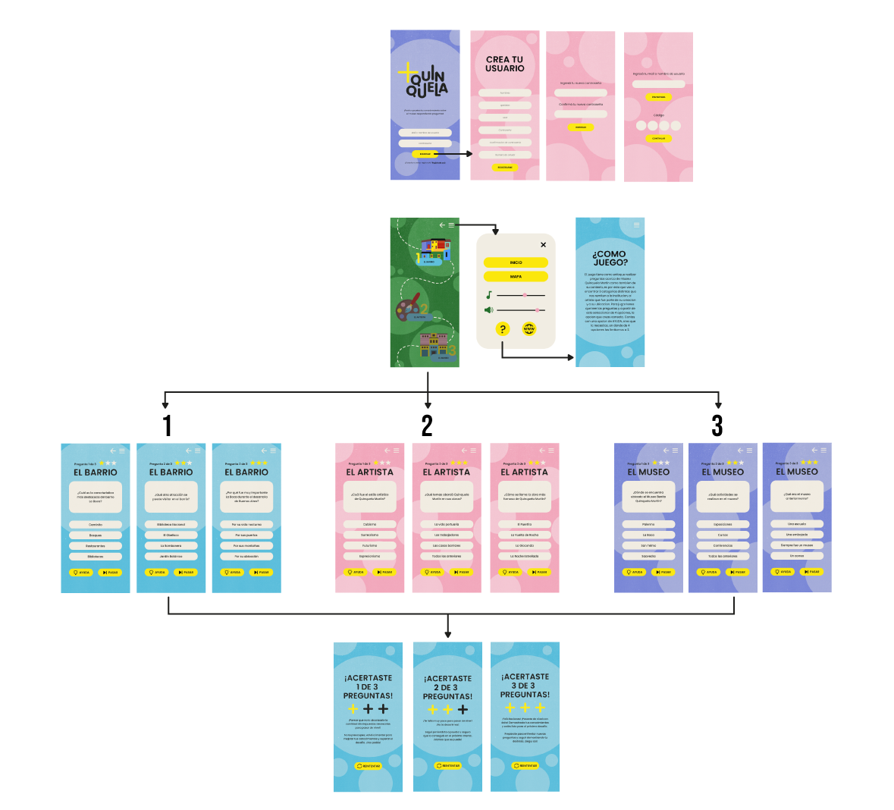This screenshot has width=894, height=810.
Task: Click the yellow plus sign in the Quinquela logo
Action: click(x=407, y=73)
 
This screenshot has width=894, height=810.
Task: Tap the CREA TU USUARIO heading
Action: click(x=504, y=64)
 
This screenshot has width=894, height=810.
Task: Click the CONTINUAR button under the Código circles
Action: click(x=658, y=139)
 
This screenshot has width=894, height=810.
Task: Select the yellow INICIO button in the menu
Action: click(x=516, y=262)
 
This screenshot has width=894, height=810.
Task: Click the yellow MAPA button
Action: click(x=516, y=277)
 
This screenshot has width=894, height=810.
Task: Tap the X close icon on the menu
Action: click(x=543, y=245)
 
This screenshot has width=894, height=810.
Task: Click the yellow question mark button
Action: click(x=503, y=329)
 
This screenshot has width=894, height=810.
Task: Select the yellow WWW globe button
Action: click(x=529, y=329)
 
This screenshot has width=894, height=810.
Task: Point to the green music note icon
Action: click(x=489, y=295)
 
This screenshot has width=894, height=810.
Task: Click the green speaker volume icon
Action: click(x=489, y=310)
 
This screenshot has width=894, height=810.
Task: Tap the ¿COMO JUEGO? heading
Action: click(x=610, y=258)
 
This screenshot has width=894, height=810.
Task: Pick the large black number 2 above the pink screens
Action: click(x=427, y=426)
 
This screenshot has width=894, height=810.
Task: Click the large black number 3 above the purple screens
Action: click(x=717, y=426)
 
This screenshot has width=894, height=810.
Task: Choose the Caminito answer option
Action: click(x=96, y=525)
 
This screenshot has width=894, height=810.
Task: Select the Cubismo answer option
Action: click(x=369, y=524)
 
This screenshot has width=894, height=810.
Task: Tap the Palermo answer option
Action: click(x=648, y=524)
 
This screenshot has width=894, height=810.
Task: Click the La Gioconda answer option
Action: click(x=524, y=545)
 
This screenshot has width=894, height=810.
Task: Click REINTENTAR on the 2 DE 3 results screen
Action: click(x=448, y=766)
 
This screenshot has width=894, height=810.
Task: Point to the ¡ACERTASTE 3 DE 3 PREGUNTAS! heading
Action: click(x=525, y=686)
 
